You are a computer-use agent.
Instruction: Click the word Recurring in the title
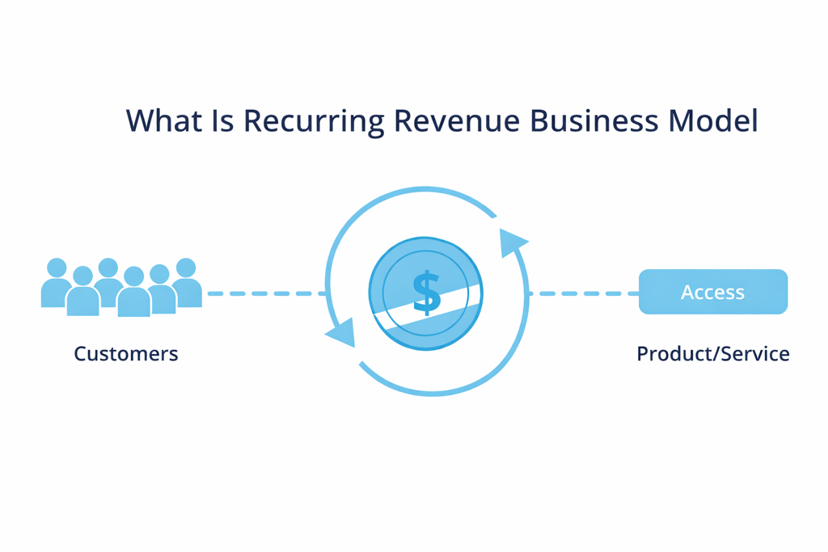[313, 122]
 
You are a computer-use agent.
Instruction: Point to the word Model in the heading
[714, 121]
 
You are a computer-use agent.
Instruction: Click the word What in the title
[161, 121]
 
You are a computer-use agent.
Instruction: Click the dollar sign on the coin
[426, 293]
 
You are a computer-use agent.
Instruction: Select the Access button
[712, 292]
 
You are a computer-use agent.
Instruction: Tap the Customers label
[126, 354]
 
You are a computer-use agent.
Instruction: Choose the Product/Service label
[712, 354]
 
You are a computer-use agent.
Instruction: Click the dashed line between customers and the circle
[267, 293]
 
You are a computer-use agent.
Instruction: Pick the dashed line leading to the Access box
[582, 293]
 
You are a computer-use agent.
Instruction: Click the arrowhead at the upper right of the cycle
[510, 242]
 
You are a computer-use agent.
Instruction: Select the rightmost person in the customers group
[186, 283]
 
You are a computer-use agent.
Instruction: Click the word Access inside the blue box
[712, 292]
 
